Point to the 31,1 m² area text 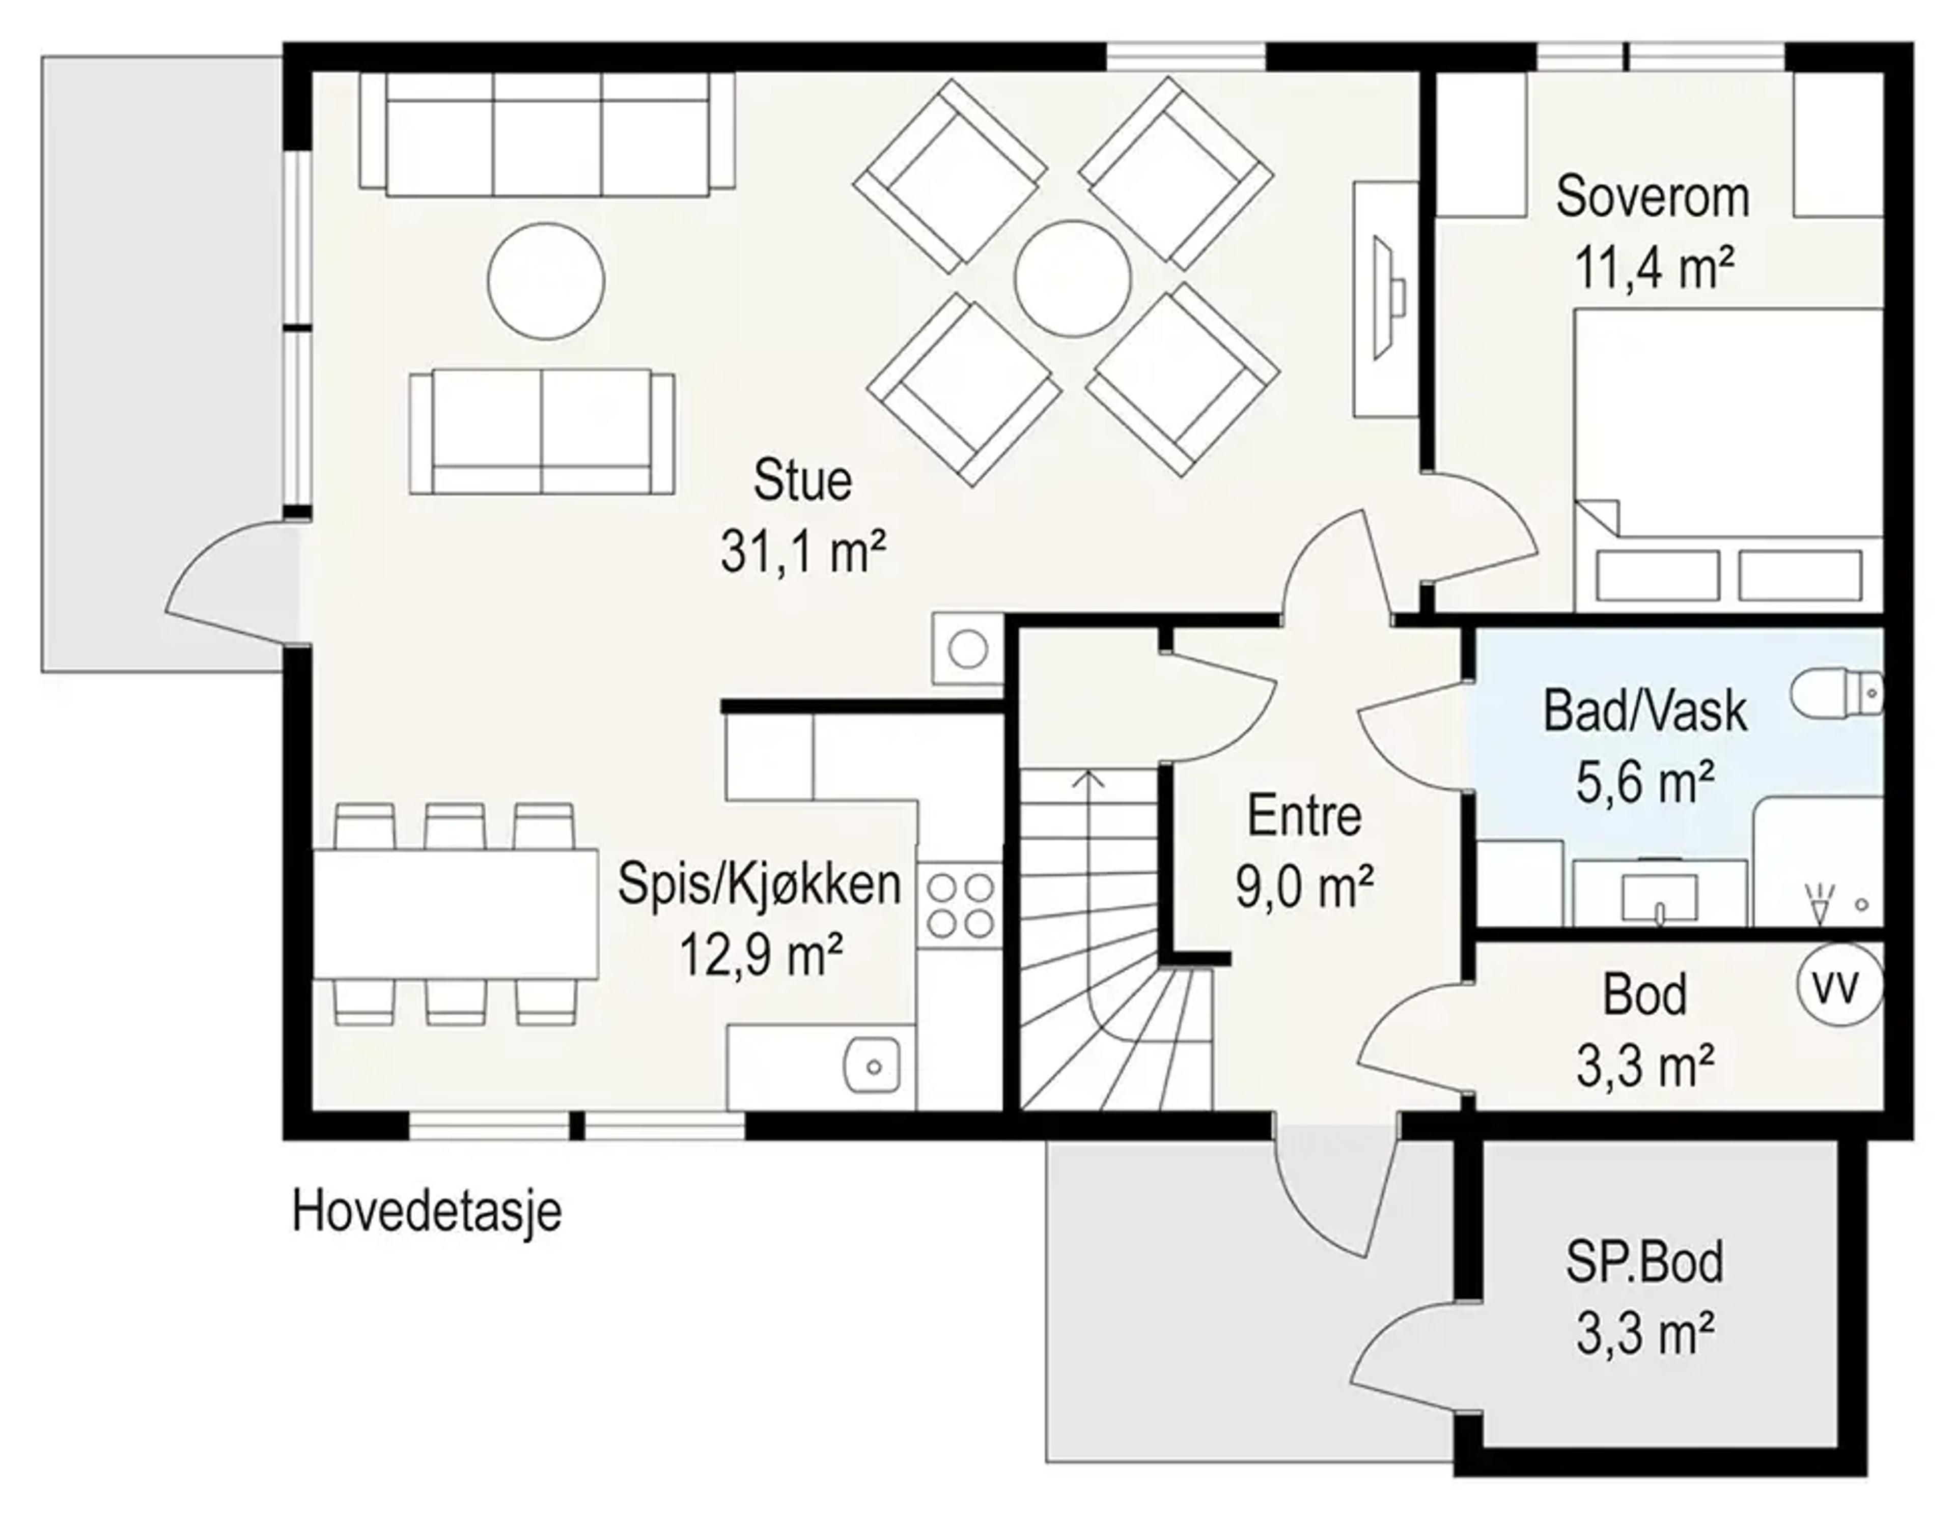pyautogui.click(x=803, y=552)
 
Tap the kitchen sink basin pyautogui.click(x=871, y=1065)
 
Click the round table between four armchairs pyautogui.click(x=1072, y=278)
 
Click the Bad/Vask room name pyautogui.click(x=1644, y=712)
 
